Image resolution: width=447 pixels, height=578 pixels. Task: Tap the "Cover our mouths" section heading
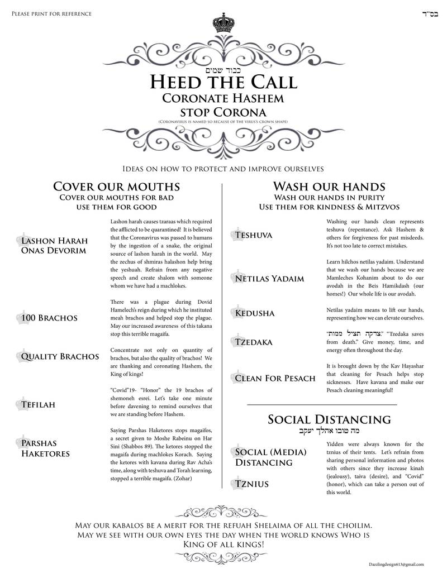(x=116, y=186)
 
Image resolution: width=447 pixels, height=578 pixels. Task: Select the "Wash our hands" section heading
(x=329, y=186)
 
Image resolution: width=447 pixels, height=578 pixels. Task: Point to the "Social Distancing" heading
(x=329, y=419)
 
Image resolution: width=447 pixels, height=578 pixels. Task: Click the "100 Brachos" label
(x=49, y=318)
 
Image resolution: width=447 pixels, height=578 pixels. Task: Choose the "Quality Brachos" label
(x=60, y=356)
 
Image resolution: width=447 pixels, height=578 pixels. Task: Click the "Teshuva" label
(x=254, y=235)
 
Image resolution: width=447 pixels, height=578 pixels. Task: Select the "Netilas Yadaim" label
(x=269, y=278)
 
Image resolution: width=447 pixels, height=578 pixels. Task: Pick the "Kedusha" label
(x=255, y=313)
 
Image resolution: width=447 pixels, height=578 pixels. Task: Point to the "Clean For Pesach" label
(x=275, y=378)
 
